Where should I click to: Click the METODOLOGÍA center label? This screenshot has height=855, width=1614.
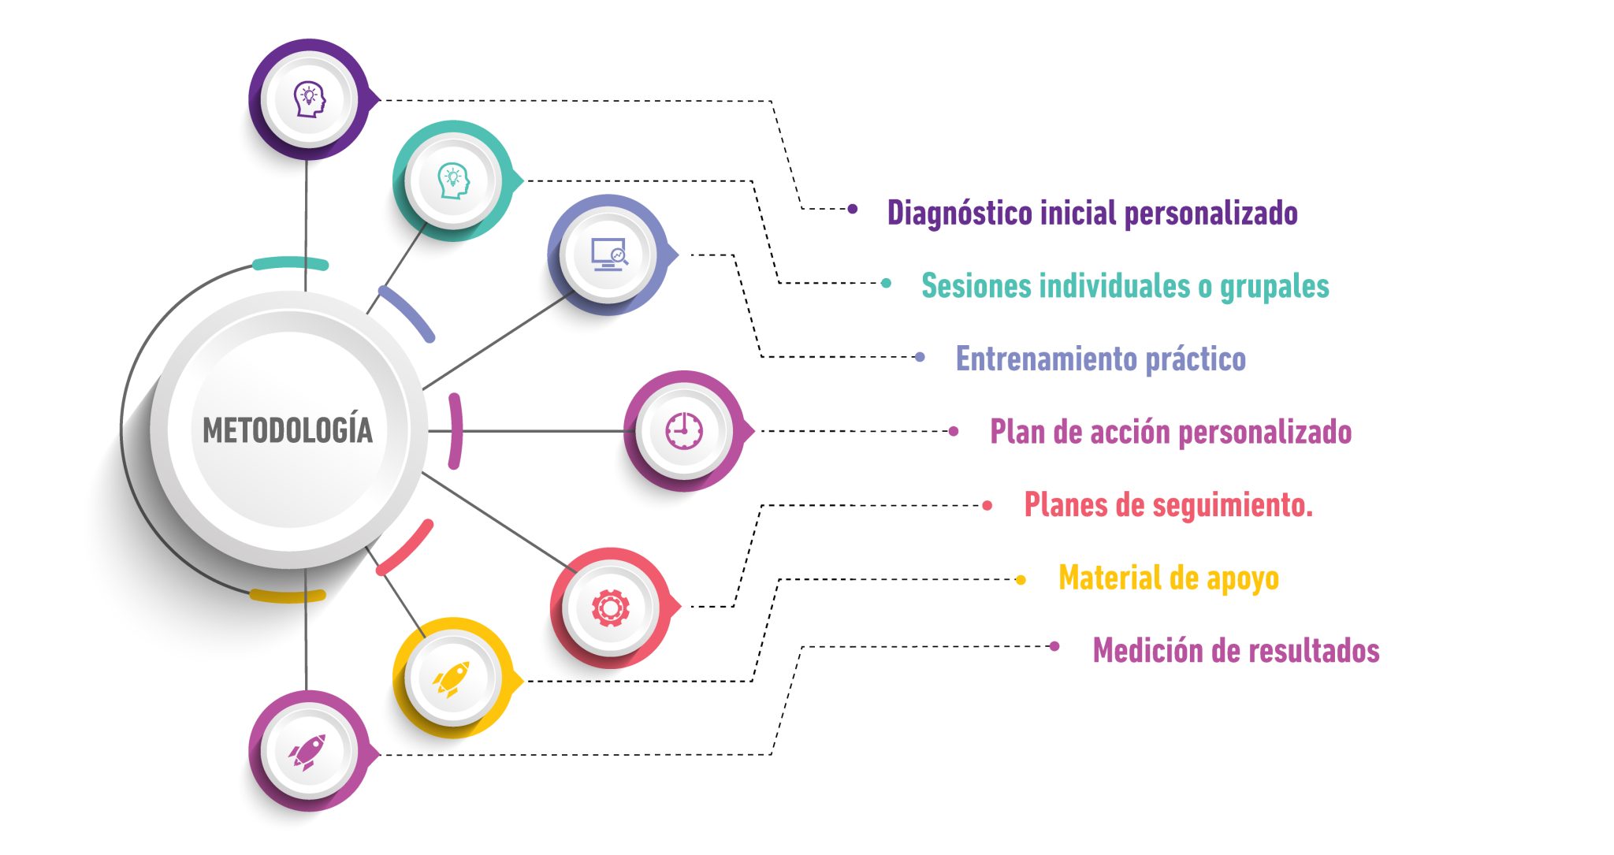point(288,430)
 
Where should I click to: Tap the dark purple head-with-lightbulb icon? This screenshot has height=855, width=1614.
point(309,99)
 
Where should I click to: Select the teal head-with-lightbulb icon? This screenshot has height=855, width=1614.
point(453,180)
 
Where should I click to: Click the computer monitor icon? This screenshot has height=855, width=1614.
point(608,255)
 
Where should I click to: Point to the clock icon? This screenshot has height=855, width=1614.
point(684,431)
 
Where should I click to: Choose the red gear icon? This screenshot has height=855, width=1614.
point(611,608)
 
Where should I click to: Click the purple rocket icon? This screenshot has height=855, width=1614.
point(308,752)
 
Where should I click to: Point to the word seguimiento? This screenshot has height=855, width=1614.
point(1229,505)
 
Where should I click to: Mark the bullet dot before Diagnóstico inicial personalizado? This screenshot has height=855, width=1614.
point(853,210)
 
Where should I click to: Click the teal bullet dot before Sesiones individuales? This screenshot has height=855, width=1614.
point(887,283)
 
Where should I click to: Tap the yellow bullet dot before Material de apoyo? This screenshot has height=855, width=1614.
point(1021,580)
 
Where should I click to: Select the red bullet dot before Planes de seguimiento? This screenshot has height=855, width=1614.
point(987,506)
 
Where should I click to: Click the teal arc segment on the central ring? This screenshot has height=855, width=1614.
point(289,263)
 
